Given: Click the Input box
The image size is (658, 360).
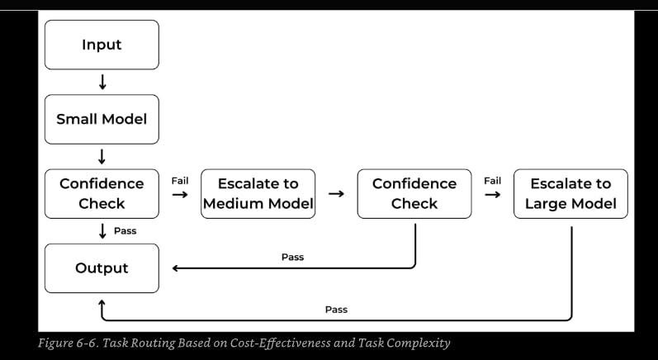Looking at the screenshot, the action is [x=102, y=45].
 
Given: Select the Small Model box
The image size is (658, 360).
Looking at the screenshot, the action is [x=102, y=119].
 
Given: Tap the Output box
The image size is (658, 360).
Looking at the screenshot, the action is [x=102, y=268].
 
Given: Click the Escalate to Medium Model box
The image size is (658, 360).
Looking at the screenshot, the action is [x=258, y=194].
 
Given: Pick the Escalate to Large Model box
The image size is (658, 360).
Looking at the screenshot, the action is [x=570, y=194].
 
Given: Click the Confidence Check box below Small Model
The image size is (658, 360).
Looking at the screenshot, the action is [x=102, y=194].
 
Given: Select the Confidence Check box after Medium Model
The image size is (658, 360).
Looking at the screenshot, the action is [x=414, y=194].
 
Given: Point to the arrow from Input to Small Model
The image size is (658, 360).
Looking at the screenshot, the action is [x=102, y=83].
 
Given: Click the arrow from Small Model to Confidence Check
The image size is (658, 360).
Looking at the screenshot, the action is [x=102, y=157].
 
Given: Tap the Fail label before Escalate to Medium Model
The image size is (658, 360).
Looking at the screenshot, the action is [x=180, y=181].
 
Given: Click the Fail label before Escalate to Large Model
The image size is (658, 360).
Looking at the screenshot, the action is [x=492, y=181].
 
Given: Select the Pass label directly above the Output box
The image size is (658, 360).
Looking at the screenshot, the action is [x=125, y=230].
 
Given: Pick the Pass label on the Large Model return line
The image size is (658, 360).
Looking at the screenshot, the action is [x=336, y=310].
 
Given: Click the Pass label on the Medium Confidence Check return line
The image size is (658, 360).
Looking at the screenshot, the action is [x=292, y=258].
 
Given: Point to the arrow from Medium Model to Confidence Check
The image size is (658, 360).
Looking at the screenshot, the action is [x=336, y=194].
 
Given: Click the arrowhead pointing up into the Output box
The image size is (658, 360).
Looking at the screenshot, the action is [x=102, y=302].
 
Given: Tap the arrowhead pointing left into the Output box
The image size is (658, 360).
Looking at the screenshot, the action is [x=175, y=268].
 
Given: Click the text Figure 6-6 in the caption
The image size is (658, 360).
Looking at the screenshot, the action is [x=69, y=343].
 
